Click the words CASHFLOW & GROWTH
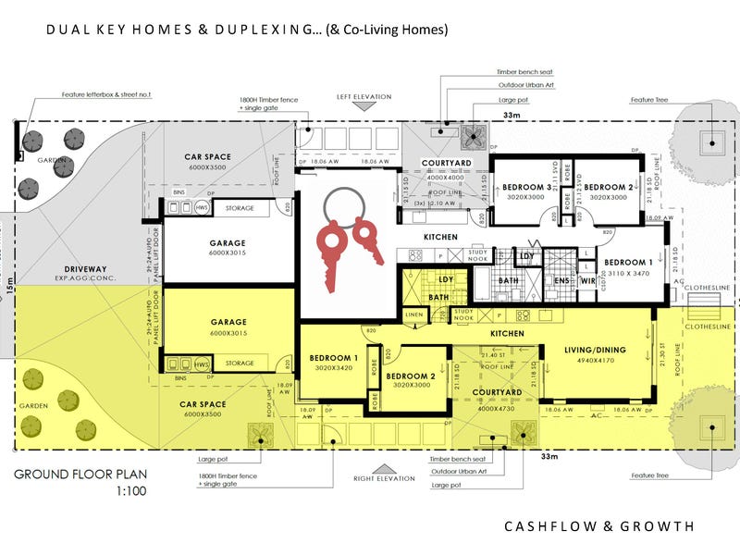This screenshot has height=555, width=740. tap(598, 526)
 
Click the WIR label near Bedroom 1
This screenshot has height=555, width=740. tap(586, 279)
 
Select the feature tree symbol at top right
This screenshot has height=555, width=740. tap(710, 141)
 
